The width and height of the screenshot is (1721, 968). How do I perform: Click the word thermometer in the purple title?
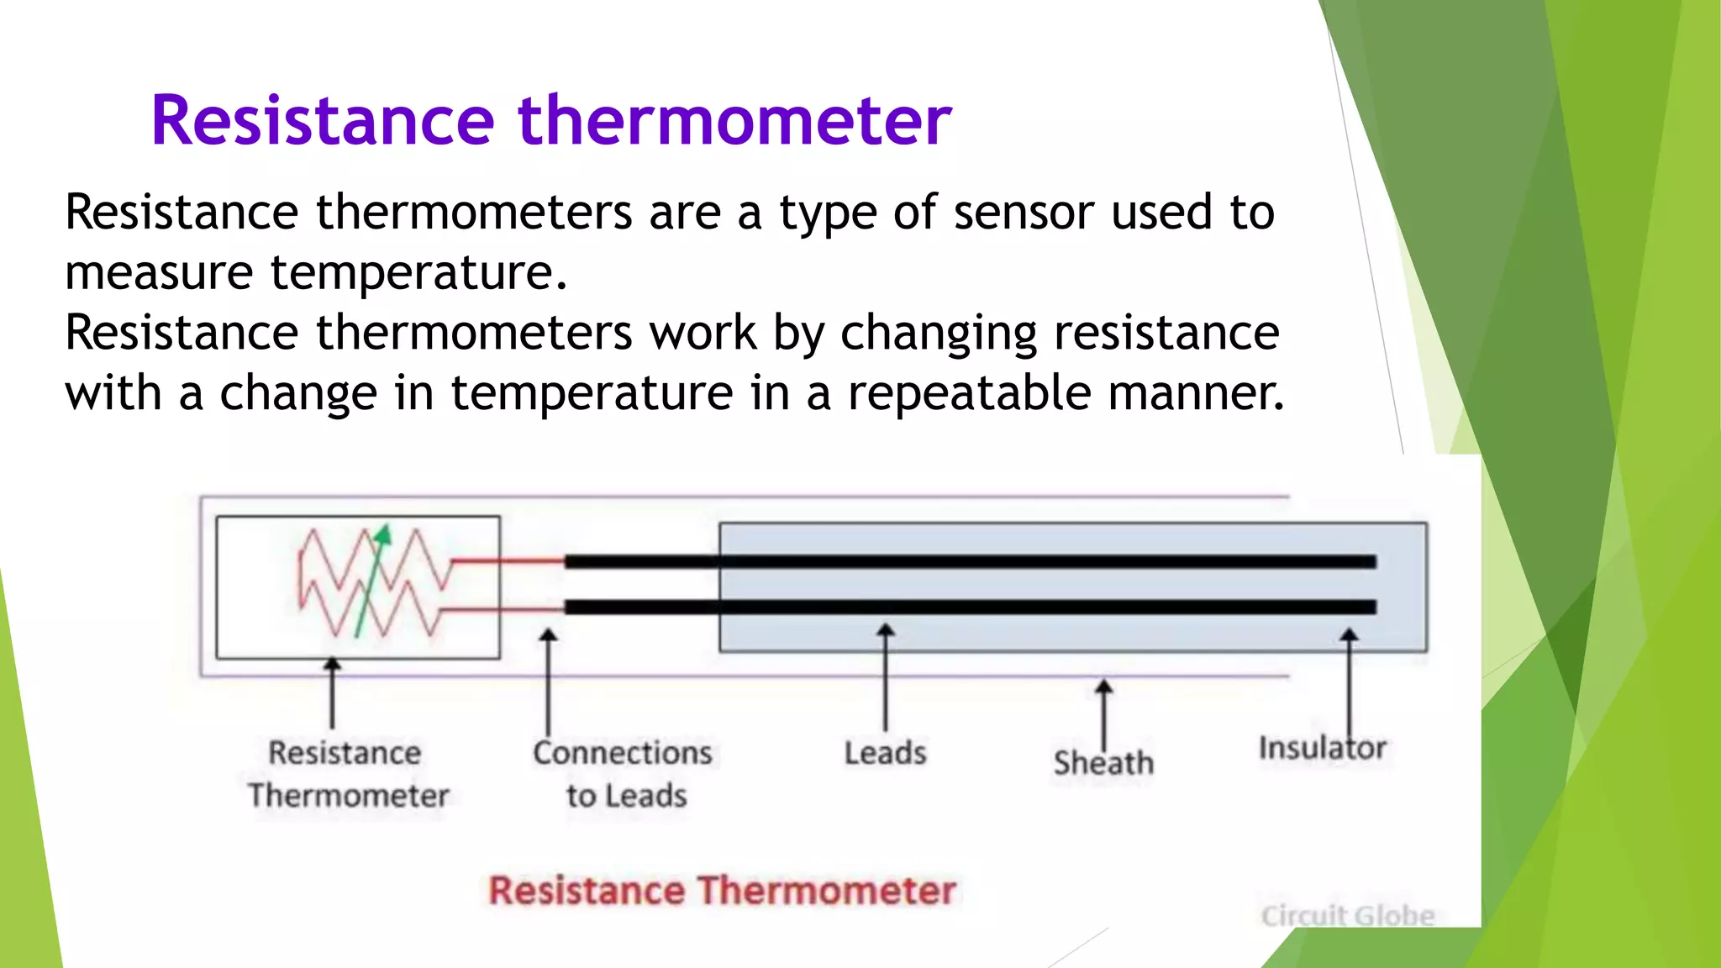pyautogui.click(x=734, y=122)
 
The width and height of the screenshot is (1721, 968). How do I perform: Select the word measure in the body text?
pyautogui.click(x=159, y=273)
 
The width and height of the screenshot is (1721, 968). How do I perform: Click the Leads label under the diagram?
pyautogui.click(x=885, y=753)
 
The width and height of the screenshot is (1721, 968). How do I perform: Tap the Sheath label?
pyautogui.click(x=1103, y=763)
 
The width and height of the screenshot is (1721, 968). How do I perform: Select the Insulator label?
pyautogui.click(x=1322, y=748)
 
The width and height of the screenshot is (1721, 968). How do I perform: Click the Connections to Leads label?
pyautogui.click(x=623, y=774)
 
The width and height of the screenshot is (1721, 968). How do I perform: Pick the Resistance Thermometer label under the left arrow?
pyautogui.click(x=347, y=774)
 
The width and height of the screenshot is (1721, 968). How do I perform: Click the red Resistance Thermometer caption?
pyautogui.click(x=722, y=891)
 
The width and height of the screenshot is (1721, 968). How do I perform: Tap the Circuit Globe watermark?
pyautogui.click(x=1347, y=915)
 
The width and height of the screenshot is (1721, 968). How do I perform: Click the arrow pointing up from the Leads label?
pyautogui.click(x=885, y=677)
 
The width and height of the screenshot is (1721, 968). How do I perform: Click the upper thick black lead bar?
pyautogui.click(x=966, y=561)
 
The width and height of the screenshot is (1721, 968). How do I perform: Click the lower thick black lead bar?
pyautogui.click(x=966, y=607)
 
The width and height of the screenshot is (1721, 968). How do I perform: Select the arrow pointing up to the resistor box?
pyautogui.click(x=333, y=693)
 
